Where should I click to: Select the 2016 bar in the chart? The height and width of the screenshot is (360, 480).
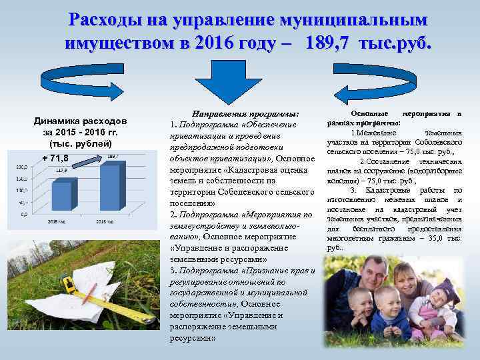click(109, 186)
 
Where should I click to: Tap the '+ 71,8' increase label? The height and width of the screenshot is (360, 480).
click(54, 158)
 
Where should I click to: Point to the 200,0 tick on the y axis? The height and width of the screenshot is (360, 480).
click(22, 167)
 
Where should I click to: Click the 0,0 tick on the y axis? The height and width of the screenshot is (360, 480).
click(24, 213)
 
